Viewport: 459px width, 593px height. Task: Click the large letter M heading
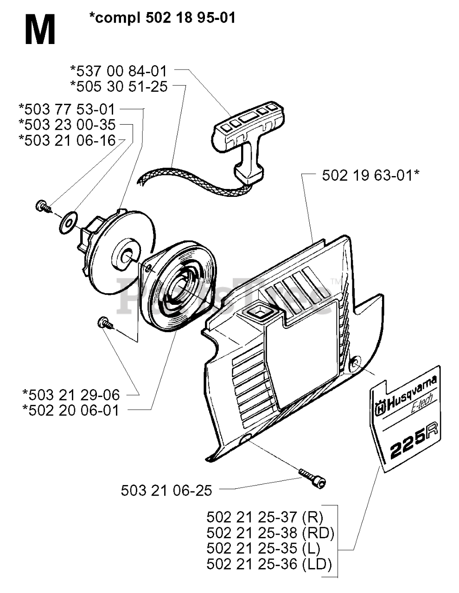pos(40,30)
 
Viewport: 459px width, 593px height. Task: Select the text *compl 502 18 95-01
pos(162,18)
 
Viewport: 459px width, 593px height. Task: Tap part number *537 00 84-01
pos(118,71)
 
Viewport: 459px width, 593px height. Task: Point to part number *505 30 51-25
pos(118,86)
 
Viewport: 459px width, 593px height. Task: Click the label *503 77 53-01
pos(67,109)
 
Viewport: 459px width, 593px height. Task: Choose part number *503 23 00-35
pos(67,125)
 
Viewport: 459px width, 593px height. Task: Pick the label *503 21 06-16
pos(67,140)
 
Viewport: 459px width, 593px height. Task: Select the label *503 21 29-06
pos(71,395)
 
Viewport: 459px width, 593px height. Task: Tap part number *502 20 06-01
pos(71,410)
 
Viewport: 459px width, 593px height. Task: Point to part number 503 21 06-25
pos(166,490)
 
